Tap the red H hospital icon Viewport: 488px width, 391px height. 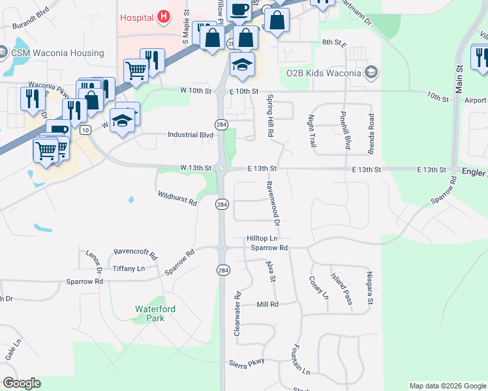(x=164, y=16)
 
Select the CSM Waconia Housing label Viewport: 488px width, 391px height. (x=57, y=53)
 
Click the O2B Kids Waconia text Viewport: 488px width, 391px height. (x=324, y=72)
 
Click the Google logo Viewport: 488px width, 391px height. (x=22, y=383)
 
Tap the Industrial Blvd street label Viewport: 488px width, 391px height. (x=191, y=135)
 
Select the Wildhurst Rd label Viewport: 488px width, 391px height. (x=177, y=198)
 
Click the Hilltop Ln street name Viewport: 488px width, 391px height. (x=262, y=239)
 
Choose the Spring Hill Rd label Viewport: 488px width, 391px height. (x=269, y=116)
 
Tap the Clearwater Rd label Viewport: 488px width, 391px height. (x=237, y=313)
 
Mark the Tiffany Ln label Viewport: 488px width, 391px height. (x=129, y=268)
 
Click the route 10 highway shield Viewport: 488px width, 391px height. (x=85, y=130)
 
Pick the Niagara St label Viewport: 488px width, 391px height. (x=369, y=288)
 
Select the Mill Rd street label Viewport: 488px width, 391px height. (x=267, y=304)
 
